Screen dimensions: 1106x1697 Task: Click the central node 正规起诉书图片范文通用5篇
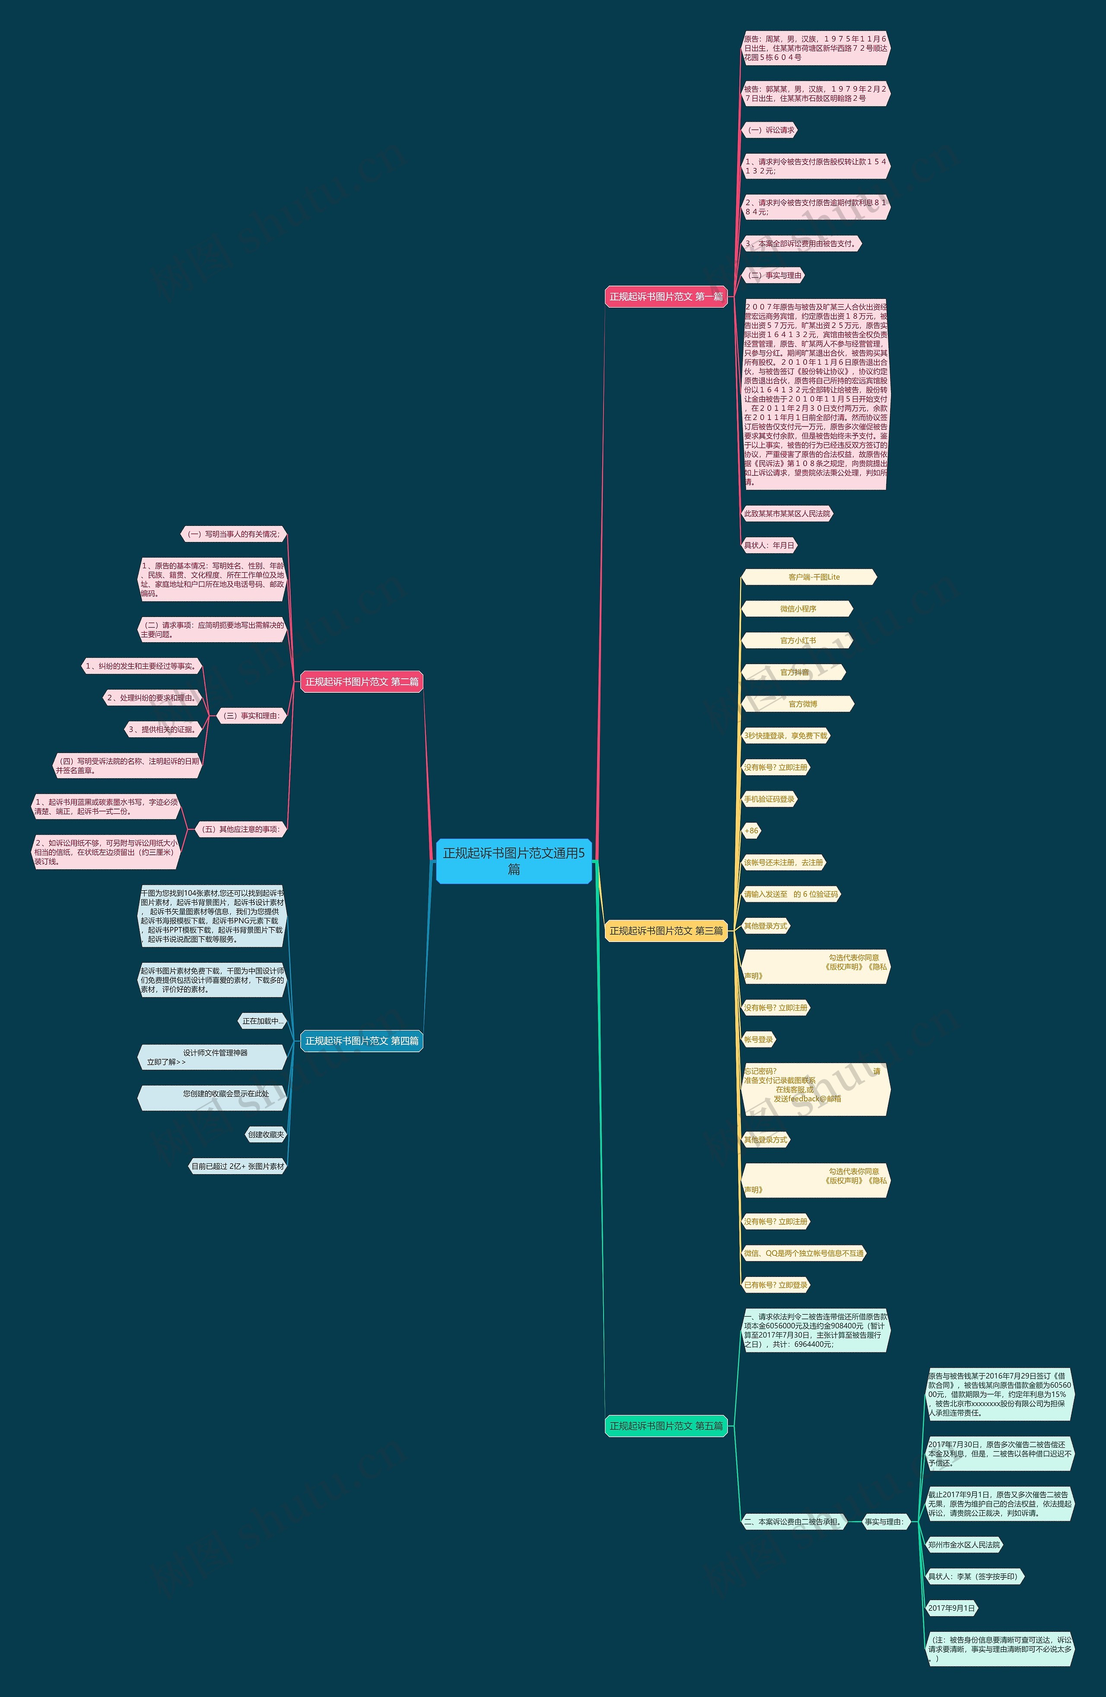(x=513, y=861)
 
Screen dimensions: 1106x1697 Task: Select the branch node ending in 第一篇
(x=666, y=296)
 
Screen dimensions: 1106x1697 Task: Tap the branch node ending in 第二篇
(x=361, y=681)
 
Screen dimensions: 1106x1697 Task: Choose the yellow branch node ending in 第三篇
(x=666, y=930)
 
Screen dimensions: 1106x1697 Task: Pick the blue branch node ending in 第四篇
(x=361, y=1041)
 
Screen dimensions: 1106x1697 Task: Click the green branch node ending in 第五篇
(x=666, y=1426)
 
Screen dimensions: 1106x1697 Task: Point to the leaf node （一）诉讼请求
(x=769, y=131)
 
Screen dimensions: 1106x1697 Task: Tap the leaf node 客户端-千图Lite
(x=809, y=577)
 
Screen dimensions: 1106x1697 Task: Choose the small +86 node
(x=751, y=831)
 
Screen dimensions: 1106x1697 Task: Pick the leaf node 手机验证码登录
(x=769, y=799)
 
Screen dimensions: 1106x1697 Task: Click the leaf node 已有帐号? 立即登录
(x=775, y=1285)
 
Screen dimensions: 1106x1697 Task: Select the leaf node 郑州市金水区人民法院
(x=964, y=1545)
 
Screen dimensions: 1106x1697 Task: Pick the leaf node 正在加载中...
(x=262, y=1021)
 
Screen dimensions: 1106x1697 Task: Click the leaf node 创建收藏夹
(x=266, y=1134)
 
